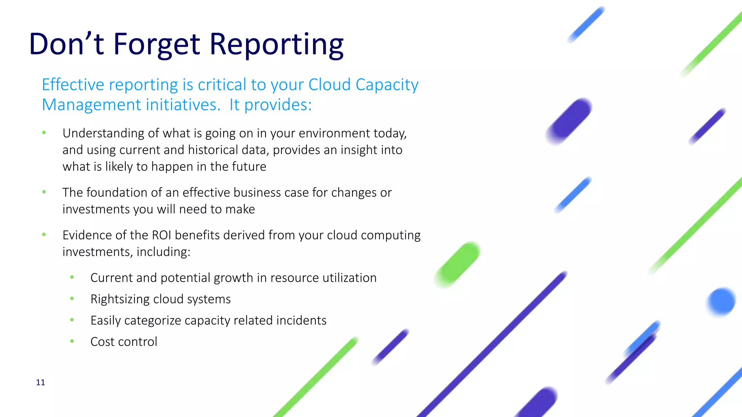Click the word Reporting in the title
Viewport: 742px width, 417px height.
pos(276,45)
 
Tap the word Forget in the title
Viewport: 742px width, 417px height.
pos(157,45)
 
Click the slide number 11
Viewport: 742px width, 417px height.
pos(41,383)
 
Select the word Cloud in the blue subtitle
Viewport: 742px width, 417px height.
pos(329,85)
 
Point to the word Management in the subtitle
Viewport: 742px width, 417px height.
pos(91,105)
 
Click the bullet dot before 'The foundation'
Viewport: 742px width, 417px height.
pos(44,192)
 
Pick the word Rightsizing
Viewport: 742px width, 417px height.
pos(120,299)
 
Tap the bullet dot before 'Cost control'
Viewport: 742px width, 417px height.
pos(72,341)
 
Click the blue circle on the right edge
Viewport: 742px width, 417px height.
pos(721,301)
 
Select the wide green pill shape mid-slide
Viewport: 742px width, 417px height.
pos(458,265)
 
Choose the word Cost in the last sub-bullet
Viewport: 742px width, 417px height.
pos(103,342)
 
